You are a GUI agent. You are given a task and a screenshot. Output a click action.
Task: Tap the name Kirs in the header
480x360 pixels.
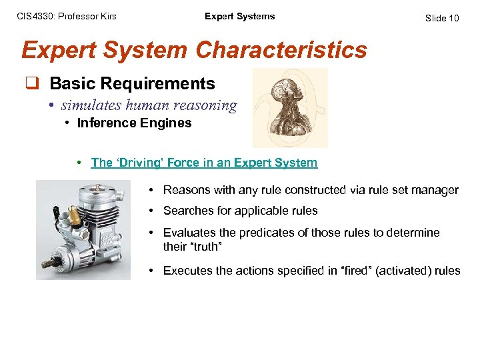pos(107,16)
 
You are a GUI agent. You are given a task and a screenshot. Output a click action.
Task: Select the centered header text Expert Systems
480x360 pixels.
pos(239,16)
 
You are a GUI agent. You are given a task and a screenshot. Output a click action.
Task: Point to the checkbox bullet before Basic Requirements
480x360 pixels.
pos(31,84)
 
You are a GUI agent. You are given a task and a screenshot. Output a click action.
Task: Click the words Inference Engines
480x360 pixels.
pos(134,123)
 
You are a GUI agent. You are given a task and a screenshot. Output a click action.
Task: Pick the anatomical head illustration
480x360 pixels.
pos(289,107)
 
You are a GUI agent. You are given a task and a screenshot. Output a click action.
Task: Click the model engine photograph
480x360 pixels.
pos(93,229)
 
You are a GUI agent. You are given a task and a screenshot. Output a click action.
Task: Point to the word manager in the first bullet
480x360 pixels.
pos(437,190)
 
